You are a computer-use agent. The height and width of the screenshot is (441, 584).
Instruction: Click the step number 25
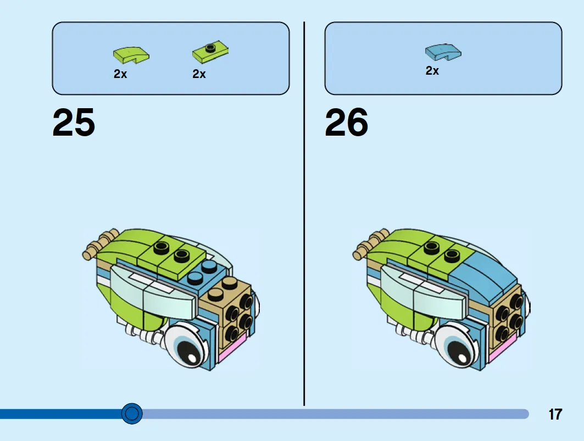click(x=74, y=122)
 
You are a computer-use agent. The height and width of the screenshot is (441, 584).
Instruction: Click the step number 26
click(x=346, y=122)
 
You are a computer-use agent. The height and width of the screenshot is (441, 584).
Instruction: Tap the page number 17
click(x=555, y=414)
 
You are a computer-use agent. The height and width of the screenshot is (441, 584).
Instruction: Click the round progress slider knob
click(x=132, y=414)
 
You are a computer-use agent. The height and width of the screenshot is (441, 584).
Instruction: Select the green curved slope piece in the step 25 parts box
click(x=131, y=54)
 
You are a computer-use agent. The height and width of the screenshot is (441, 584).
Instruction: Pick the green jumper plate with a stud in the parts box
click(x=210, y=53)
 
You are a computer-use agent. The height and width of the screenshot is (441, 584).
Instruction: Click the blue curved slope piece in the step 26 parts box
click(x=443, y=52)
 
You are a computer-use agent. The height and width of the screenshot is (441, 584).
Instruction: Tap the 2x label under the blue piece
click(x=432, y=71)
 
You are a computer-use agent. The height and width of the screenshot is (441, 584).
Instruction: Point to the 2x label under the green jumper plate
click(x=199, y=74)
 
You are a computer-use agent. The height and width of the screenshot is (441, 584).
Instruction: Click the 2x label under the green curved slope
click(x=120, y=74)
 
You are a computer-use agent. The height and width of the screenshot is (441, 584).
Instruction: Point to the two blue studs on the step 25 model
click(x=203, y=272)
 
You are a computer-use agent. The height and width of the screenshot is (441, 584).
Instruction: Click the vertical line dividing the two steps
click(x=304, y=214)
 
